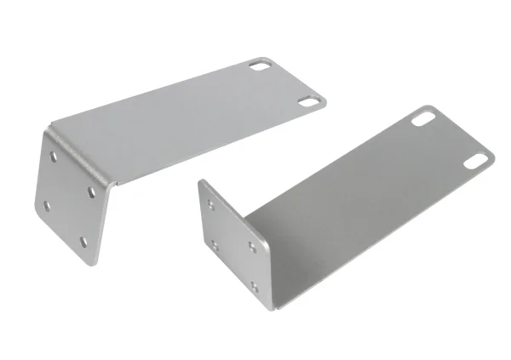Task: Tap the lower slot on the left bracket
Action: pyautogui.click(x=307, y=101)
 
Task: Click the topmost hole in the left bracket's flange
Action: pyautogui.click(x=55, y=157)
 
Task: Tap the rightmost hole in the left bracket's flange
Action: pyautogui.click(x=90, y=191)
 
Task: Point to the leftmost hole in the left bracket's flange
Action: pyautogui.click(x=44, y=203)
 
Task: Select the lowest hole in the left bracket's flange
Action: pyautogui.click(x=83, y=242)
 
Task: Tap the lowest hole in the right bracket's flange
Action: pyautogui.click(x=254, y=286)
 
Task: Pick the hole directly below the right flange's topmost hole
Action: pyautogui.click(x=215, y=245)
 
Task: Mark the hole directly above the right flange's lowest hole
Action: pyautogui.click(x=252, y=247)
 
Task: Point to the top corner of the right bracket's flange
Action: pyautogui.click(x=201, y=180)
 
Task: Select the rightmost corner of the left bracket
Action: pyautogui.click(x=325, y=100)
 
